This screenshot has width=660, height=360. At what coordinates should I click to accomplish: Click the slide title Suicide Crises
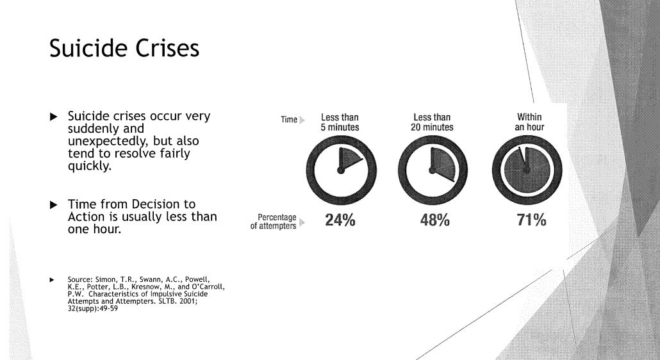click(x=124, y=48)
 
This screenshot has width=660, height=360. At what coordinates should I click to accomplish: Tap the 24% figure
click(x=340, y=220)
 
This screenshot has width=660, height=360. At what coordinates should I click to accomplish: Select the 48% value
click(x=434, y=220)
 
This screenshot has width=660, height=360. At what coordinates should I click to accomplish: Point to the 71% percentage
click(x=531, y=220)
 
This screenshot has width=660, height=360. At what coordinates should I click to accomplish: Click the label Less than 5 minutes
click(x=340, y=122)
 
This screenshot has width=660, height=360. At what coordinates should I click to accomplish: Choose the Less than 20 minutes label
click(x=433, y=122)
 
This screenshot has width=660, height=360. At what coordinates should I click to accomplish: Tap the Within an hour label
click(x=529, y=122)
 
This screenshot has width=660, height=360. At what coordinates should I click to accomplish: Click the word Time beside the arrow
click(x=289, y=120)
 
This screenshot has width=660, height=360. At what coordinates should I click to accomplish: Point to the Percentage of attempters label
click(x=273, y=222)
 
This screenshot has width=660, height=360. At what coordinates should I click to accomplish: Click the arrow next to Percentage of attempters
click(x=302, y=222)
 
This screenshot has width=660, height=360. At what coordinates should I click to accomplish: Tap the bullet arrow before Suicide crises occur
click(x=53, y=117)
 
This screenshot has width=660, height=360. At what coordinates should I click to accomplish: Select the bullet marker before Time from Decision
click(x=53, y=205)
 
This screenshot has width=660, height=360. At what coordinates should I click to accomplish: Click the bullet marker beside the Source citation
click(x=52, y=280)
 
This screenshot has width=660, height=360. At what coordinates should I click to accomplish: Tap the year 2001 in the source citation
click(x=188, y=301)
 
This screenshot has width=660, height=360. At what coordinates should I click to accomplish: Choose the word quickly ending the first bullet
click(x=90, y=166)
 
